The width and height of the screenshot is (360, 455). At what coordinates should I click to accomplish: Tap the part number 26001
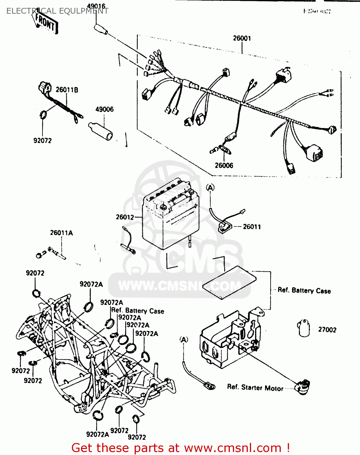(x=242, y=38)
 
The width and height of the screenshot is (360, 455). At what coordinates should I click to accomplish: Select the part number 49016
(x=96, y=6)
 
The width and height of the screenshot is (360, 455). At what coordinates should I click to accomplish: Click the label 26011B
(x=67, y=90)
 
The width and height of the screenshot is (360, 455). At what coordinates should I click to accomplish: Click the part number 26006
(x=224, y=165)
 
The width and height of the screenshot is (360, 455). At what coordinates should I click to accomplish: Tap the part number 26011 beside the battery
(x=252, y=227)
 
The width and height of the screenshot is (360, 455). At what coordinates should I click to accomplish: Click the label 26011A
(x=61, y=233)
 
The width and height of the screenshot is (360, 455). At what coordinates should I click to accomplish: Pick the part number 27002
(x=327, y=329)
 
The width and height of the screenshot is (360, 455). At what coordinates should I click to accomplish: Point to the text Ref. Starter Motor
(x=255, y=388)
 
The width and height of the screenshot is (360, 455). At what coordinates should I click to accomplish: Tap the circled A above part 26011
(x=210, y=188)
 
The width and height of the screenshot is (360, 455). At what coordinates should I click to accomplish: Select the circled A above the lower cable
(x=184, y=339)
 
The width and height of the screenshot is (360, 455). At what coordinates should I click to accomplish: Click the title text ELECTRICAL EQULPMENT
(x=57, y=11)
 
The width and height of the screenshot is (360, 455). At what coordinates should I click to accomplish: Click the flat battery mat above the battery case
(x=229, y=282)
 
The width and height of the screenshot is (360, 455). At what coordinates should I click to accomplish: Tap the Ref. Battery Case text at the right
(x=304, y=290)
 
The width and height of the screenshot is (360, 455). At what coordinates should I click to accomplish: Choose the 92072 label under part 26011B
(x=42, y=140)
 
